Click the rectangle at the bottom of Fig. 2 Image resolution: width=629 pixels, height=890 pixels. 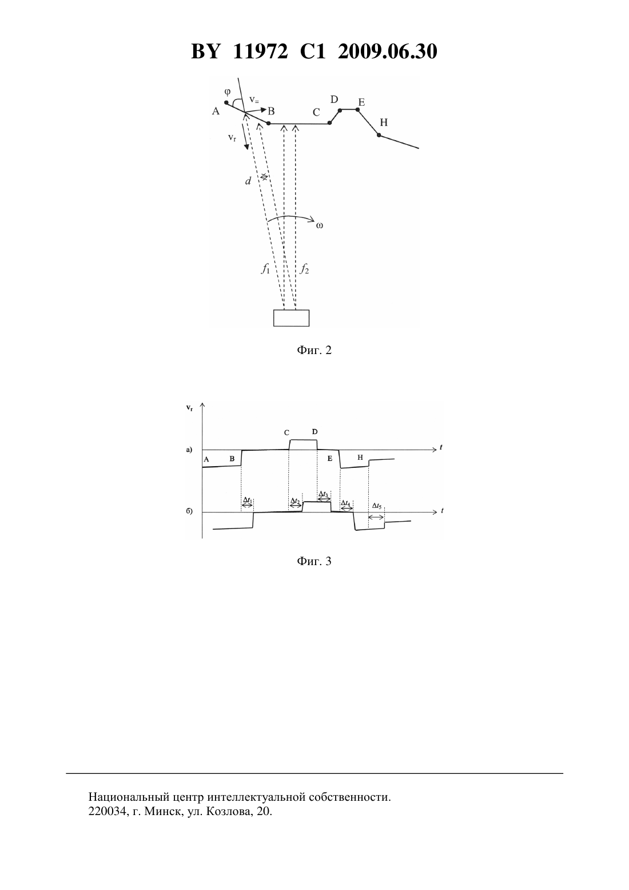pyautogui.click(x=291, y=318)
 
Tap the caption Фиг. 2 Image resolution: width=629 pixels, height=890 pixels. pyautogui.click(x=314, y=350)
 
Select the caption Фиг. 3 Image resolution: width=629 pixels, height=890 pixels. pyautogui.click(x=314, y=561)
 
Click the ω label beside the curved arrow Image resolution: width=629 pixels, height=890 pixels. pyautogui.click(x=319, y=226)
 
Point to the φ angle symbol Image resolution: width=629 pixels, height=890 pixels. pyautogui.click(x=228, y=92)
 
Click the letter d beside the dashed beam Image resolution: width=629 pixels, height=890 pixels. pyautogui.click(x=248, y=181)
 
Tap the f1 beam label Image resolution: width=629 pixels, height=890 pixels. pyautogui.click(x=265, y=269)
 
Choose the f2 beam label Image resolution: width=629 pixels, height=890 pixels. pyautogui.click(x=304, y=269)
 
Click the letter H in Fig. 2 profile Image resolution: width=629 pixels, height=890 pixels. pyautogui.click(x=384, y=122)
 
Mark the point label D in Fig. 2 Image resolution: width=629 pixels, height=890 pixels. pyautogui.click(x=334, y=100)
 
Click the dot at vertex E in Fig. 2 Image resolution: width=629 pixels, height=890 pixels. pyautogui.click(x=358, y=109)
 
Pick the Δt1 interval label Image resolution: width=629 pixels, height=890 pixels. pyautogui.click(x=248, y=500)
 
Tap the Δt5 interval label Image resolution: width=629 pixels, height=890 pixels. pyautogui.click(x=377, y=506)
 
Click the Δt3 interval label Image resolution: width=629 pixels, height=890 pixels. pyautogui.click(x=324, y=494)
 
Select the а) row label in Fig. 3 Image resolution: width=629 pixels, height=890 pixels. pyautogui.click(x=189, y=450)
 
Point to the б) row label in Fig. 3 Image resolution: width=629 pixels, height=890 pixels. pyautogui.click(x=189, y=511)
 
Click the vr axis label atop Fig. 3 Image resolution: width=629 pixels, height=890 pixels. pyautogui.click(x=189, y=408)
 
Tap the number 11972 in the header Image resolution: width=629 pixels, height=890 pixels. pyautogui.click(x=260, y=51)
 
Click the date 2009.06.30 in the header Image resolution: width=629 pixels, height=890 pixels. pyautogui.click(x=388, y=51)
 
